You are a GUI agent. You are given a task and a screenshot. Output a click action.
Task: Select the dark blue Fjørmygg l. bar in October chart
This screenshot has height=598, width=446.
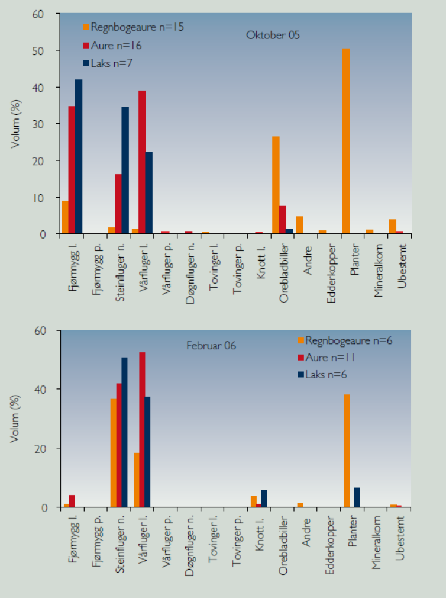[79, 156]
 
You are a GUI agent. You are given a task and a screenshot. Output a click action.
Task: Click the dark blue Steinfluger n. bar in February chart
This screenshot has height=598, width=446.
[124, 432]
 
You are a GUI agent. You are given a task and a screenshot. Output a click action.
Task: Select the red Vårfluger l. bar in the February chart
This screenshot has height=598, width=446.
[142, 430]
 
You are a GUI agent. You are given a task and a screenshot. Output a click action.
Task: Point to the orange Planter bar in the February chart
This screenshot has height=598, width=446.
[347, 451]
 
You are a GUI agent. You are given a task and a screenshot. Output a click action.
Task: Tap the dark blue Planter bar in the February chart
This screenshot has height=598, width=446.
[357, 497]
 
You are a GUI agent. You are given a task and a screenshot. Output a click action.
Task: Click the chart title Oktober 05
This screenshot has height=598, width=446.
[273, 35]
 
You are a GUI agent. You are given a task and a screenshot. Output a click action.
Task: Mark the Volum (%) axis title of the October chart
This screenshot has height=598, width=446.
[16, 124]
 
